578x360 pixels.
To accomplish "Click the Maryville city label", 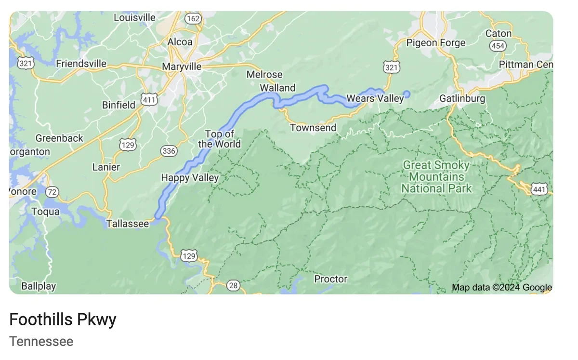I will [182, 67].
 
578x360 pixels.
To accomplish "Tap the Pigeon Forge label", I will [436, 43].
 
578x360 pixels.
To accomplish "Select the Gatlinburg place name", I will [462, 99].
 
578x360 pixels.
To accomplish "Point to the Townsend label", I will [313, 128].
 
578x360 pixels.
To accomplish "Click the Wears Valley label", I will [375, 98].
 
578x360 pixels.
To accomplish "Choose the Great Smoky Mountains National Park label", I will [436, 177].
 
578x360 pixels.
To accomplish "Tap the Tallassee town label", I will [128, 224].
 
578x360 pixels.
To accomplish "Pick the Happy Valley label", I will [190, 178].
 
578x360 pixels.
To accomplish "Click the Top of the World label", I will [219, 139].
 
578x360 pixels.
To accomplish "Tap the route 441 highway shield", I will [539, 189].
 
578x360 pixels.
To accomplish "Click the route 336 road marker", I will [169, 151].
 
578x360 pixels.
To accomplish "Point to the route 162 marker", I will [193, 18].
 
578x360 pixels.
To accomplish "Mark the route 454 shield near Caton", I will [497, 46].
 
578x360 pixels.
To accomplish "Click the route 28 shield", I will [233, 286].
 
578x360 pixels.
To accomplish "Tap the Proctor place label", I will [330, 279].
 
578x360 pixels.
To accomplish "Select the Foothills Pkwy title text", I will [63, 320].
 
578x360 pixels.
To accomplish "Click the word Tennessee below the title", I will [41, 342].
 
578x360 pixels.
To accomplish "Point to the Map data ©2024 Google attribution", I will [501, 288].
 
